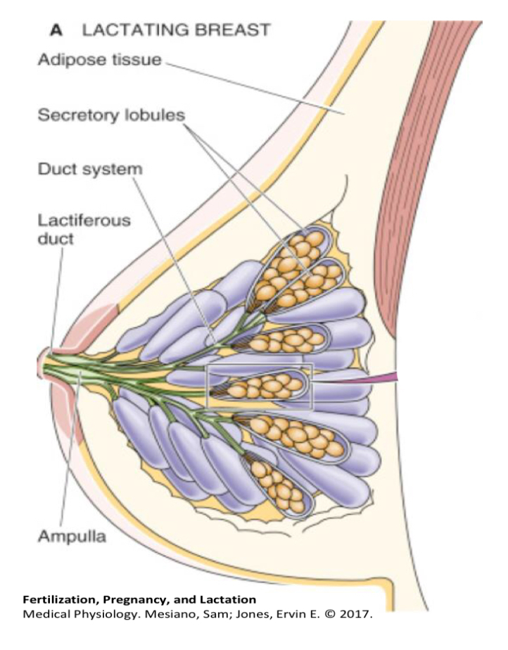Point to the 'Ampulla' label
tap(72, 536)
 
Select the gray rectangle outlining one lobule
tap(208, 387)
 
